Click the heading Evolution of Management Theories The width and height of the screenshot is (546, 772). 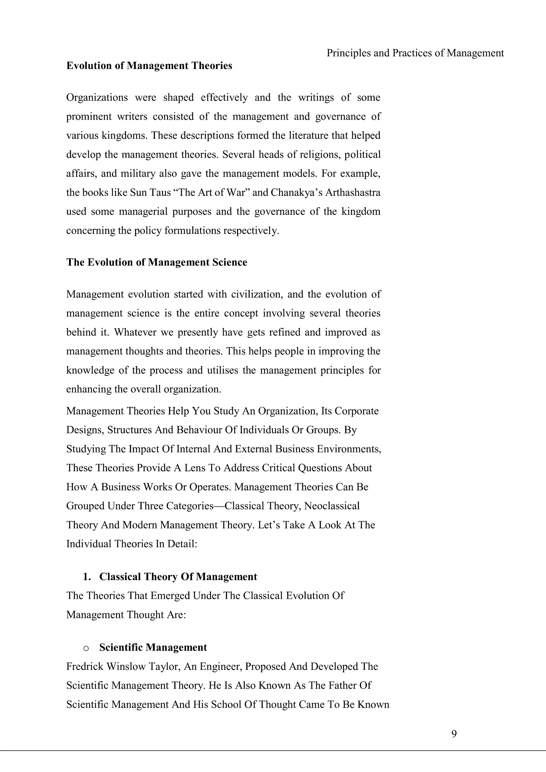[x=149, y=66]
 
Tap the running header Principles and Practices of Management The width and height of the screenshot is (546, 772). [x=415, y=53]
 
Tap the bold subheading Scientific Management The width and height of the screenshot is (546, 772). [x=153, y=648]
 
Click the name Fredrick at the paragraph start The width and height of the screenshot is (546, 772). [x=85, y=666]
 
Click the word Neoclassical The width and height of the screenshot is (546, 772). [x=332, y=506]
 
